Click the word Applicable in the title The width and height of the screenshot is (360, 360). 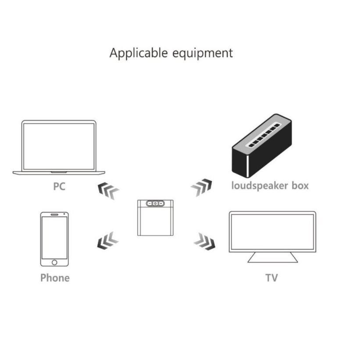tap(139, 53)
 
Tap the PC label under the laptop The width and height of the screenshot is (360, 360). tap(59, 186)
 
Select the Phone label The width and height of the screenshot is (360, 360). tap(55, 278)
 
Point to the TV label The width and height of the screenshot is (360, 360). tap(272, 278)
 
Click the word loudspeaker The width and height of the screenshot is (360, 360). tap(260, 185)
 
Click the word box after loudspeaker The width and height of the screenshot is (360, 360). tap(300, 185)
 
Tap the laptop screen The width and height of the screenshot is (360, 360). tap(59, 146)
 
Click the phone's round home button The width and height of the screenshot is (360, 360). tap(54, 262)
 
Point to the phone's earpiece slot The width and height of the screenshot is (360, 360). tap(54, 214)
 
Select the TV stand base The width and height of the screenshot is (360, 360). tap(273, 257)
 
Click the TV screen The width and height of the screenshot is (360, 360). tap(273, 232)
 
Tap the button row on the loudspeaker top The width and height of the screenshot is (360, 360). tap(264, 135)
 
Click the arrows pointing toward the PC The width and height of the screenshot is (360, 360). tap(108, 191)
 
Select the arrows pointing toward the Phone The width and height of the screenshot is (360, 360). tap(108, 241)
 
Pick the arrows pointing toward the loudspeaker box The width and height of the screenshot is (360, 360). tap(201, 187)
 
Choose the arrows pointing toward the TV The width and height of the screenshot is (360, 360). tap(205, 242)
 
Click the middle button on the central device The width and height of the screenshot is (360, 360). tap(155, 203)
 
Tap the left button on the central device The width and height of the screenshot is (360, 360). tap(150, 203)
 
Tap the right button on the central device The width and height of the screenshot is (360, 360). tap(161, 203)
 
